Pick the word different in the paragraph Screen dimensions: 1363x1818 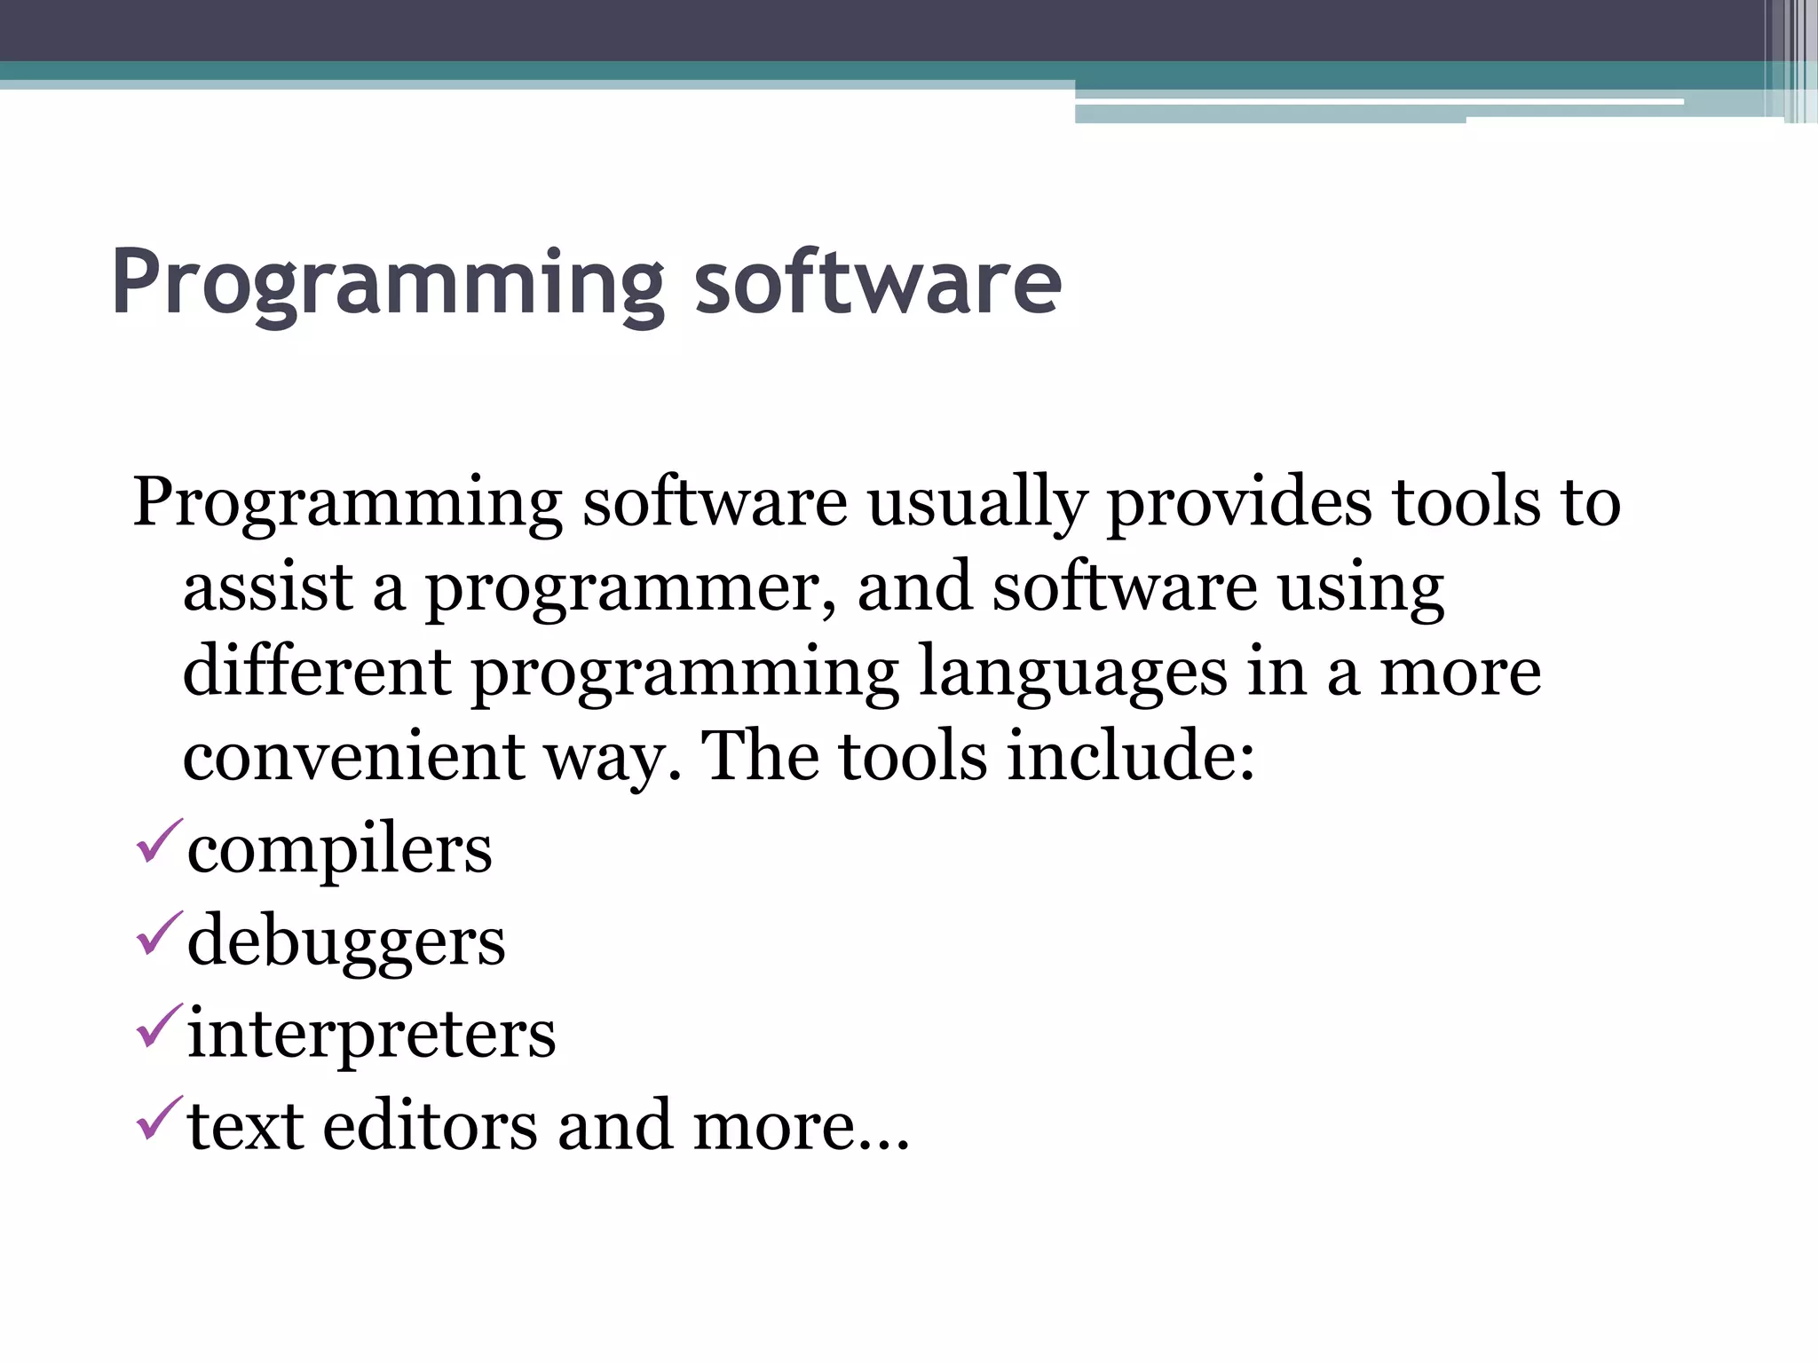pyautogui.click(x=317, y=671)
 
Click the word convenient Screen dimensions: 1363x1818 pyautogui.click(x=354, y=756)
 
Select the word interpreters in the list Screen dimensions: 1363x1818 pyautogui.click(x=371, y=1035)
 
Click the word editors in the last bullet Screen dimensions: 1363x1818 pyautogui.click(x=430, y=1125)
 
